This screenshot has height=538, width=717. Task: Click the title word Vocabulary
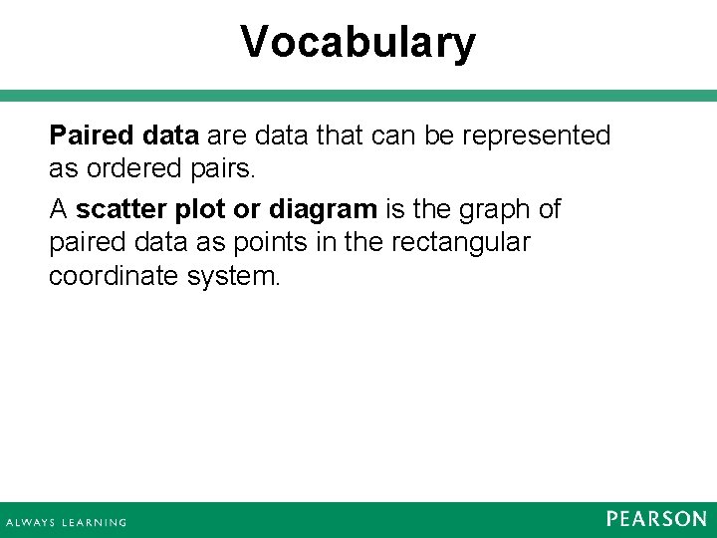click(358, 43)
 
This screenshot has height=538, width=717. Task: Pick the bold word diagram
click(323, 210)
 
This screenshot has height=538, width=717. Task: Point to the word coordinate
click(114, 276)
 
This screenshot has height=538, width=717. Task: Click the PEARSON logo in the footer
click(655, 518)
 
